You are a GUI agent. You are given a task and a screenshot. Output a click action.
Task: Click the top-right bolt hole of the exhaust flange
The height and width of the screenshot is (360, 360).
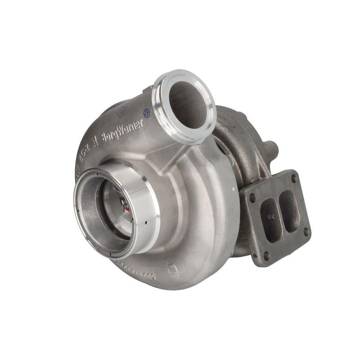point(293,178)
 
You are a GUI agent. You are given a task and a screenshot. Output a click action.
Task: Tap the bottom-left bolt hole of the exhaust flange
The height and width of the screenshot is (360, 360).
point(266,255)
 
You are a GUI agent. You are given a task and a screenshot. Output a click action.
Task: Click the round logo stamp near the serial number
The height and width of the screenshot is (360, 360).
point(172,269)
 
